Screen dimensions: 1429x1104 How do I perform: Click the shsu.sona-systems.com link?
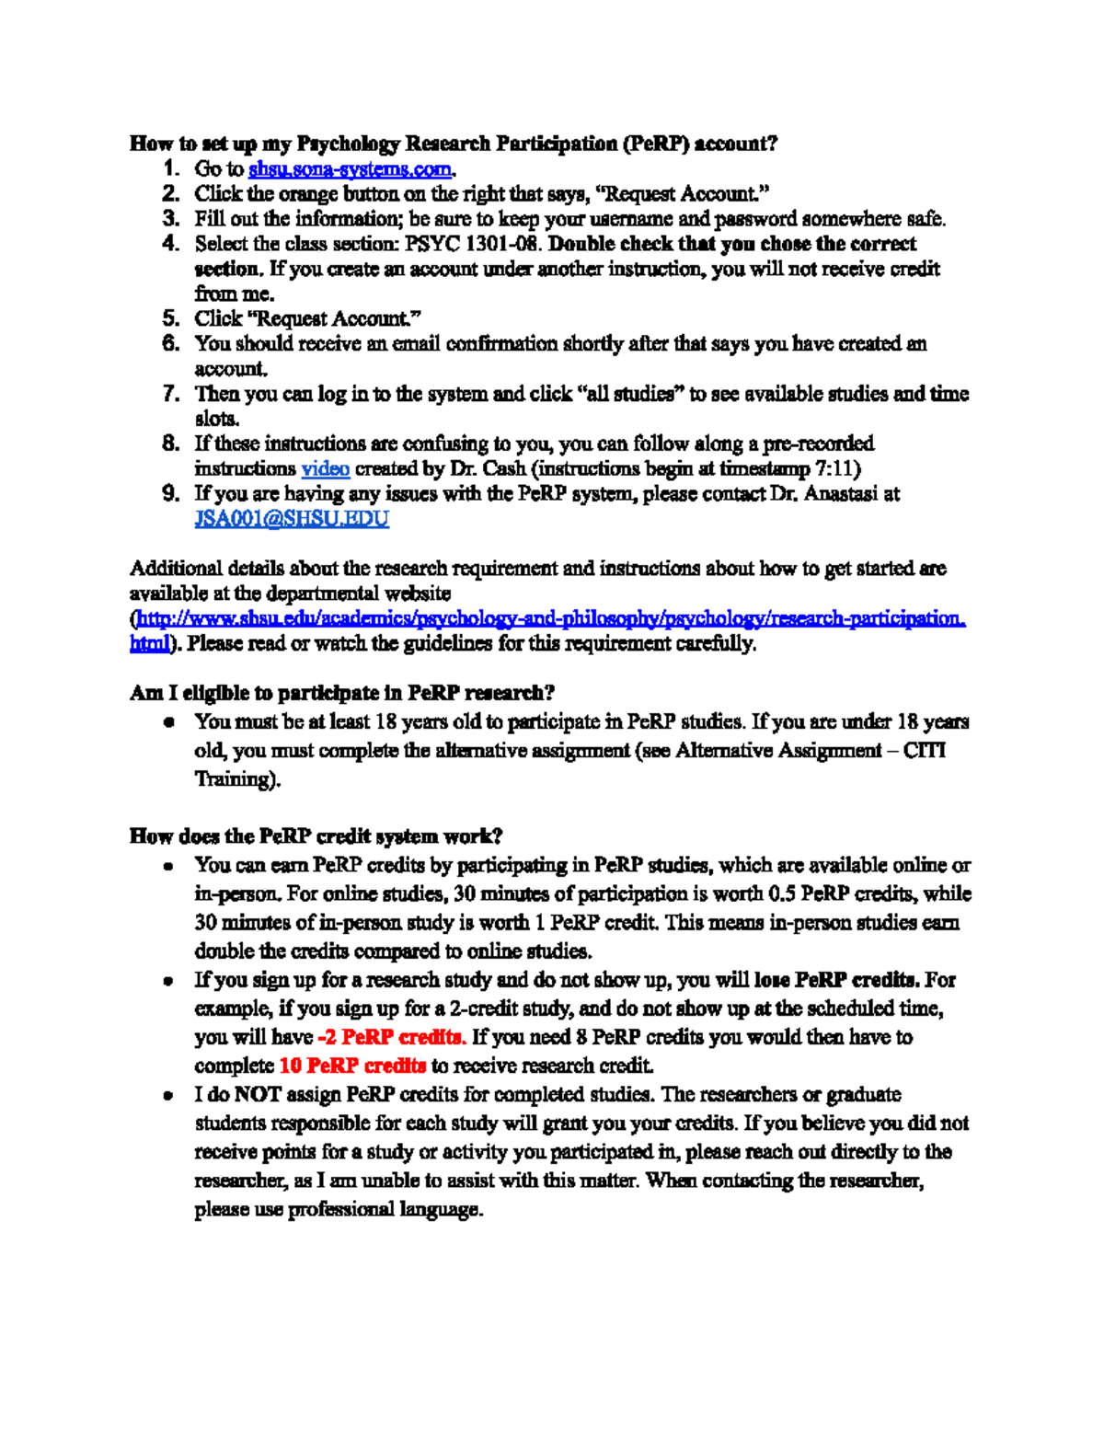click(351, 169)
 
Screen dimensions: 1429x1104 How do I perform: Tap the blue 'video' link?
click(326, 469)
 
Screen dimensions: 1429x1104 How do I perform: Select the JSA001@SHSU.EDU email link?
click(292, 519)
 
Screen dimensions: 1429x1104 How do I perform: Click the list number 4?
click(170, 244)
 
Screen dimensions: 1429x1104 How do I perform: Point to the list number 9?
click(170, 494)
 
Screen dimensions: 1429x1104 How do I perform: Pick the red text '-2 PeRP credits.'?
click(391, 1038)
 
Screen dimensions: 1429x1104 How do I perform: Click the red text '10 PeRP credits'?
click(352, 1066)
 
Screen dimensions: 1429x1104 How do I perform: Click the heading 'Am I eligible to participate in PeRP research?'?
click(342, 693)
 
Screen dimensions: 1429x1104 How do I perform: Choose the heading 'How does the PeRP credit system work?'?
click(316, 836)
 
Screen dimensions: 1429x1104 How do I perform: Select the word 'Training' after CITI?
click(235, 779)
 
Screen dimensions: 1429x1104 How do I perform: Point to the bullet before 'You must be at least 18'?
click(169, 723)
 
